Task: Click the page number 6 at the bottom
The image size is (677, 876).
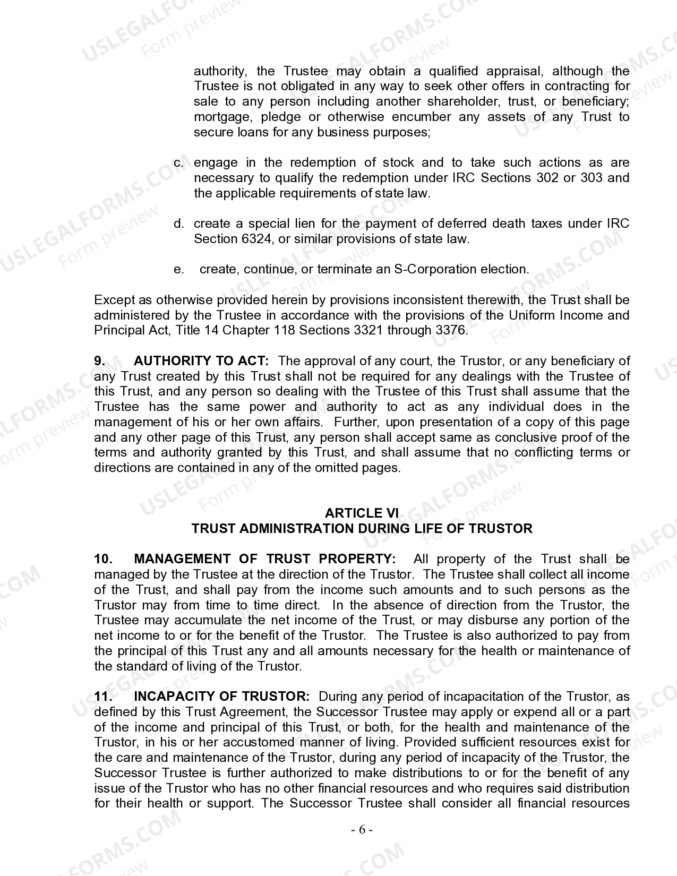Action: coord(362,829)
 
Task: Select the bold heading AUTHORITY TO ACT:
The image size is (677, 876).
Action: coord(201,361)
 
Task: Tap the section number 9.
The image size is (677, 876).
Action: coord(100,361)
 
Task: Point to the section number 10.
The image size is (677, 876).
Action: coord(103,559)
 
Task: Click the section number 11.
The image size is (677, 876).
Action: coord(103,697)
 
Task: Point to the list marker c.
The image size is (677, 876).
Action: coord(179,162)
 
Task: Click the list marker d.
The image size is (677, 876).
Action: coord(179,224)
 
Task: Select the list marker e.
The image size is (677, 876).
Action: coord(179,270)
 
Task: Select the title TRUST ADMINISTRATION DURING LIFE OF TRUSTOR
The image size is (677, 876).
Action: coord(362,529)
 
